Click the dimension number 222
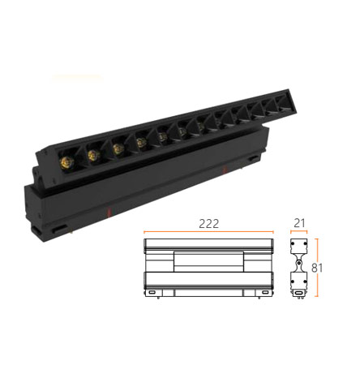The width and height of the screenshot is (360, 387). [x=208, y=224]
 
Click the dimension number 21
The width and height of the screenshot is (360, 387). [x=299, y=223]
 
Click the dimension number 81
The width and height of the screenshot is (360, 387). [x=317, y=268]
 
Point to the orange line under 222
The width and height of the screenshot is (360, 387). [x=208, y=232]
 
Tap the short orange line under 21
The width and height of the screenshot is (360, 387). [x=299, y=231]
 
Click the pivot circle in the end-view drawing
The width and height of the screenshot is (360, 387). [x=298, y=263]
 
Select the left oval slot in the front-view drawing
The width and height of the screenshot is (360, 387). [x=152, y=292]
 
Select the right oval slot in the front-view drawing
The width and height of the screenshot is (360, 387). [x=265, y=292]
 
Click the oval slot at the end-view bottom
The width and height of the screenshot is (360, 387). [x=298, y=293]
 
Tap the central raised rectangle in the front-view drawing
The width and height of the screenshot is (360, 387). [x=208, y=262]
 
